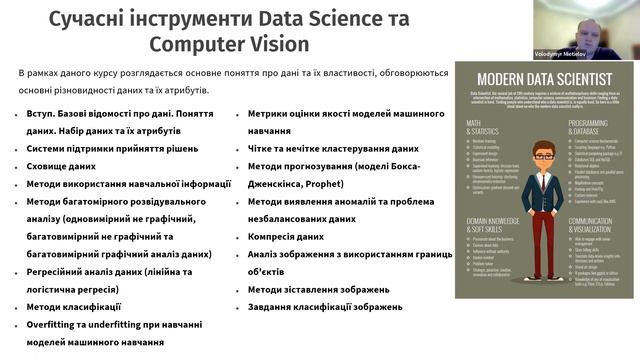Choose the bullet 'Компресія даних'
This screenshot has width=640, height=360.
coord(285,236)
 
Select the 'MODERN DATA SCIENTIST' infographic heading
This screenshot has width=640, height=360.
coord(543,78)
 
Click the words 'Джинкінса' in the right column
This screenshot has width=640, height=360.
coord(284,185)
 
